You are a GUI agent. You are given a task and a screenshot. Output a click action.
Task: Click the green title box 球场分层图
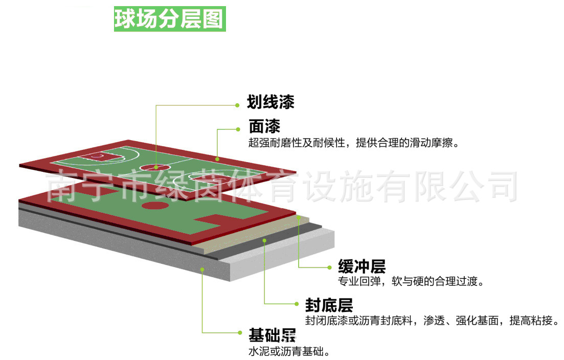[169, 19]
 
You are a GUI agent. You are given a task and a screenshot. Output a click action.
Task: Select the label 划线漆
[270, 102]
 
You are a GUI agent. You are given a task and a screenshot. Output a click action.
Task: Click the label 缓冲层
[362, 266]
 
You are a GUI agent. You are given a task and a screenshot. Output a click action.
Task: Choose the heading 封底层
[329, 305]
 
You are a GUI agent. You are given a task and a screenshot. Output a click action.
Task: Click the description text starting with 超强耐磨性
[353, 143]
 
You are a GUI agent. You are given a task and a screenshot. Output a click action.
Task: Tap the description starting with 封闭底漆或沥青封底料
[431, 321]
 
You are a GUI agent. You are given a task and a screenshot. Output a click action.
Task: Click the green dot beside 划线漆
[237, 105]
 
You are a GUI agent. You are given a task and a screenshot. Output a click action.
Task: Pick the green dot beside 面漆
[237, 129]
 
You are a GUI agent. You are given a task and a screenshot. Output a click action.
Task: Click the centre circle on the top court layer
[156, 167]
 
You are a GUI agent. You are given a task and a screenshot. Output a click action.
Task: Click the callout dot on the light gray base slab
[202, 269]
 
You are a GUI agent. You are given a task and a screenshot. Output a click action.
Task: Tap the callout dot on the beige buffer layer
[299, 217]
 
